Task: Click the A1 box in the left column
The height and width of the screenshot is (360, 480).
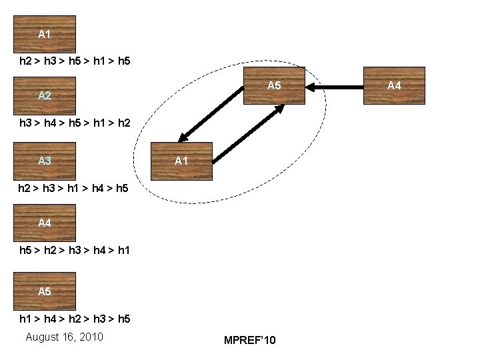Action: point(45,34)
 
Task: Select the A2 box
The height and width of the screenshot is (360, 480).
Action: point(45,95)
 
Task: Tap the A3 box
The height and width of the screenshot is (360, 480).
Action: point(45,161)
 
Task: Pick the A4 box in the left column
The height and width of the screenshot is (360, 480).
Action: point(45,223)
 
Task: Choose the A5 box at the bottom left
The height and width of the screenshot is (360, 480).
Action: point(45,291)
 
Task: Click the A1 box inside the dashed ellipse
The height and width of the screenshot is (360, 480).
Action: point(181,161)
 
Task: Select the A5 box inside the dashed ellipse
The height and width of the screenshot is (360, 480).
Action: point(274,85)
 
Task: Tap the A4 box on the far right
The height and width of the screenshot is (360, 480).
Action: point(394,85)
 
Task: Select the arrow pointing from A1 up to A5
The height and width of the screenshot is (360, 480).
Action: point(247,133)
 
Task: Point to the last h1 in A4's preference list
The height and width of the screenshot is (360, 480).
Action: point(123,251)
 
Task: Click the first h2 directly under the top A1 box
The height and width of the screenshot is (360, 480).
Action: point(25,61)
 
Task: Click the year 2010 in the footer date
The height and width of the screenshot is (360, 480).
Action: point(90,337)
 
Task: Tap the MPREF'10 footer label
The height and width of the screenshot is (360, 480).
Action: point(249,341)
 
